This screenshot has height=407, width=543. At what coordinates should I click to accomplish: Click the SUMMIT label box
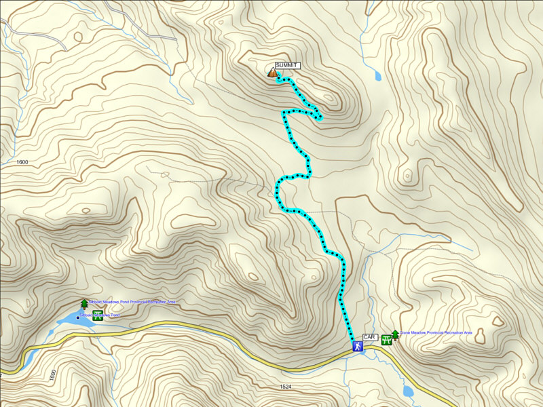287,65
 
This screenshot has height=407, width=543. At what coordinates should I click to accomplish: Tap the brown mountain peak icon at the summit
272,72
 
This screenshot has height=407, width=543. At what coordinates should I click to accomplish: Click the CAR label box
369,337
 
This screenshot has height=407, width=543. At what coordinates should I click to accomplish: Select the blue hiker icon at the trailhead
357,346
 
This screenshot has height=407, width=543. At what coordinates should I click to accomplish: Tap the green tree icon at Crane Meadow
394,334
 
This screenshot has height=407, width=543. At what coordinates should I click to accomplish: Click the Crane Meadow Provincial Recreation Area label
435,333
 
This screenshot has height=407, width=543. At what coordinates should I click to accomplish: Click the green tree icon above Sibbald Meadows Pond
84,304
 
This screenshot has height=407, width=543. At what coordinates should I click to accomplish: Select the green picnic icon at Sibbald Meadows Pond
98,313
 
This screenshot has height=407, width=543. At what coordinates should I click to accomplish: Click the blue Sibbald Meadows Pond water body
69,319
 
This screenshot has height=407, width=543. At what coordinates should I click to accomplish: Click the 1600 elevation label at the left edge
21,162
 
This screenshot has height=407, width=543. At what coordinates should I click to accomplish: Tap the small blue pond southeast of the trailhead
408,391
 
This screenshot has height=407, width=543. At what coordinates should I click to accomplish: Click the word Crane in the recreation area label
407,333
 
